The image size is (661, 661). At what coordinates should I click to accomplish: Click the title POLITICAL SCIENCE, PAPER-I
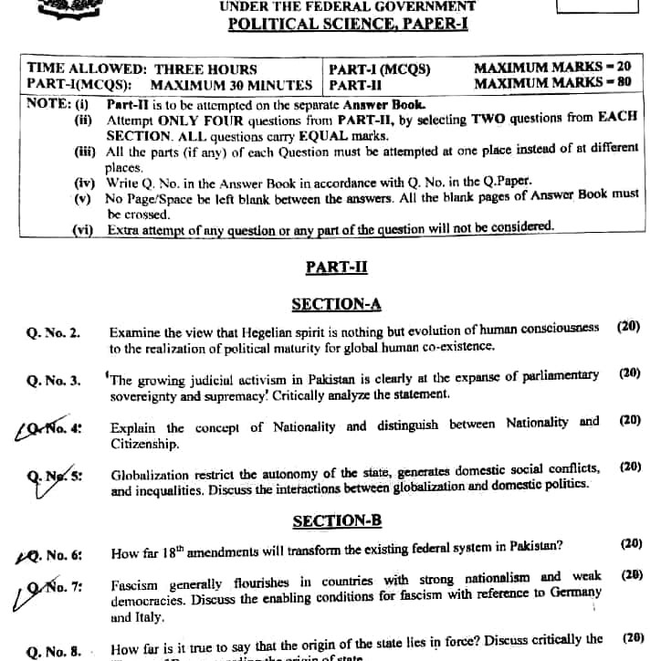pos(348,25)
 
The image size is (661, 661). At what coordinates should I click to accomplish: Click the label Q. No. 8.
pos(54,651)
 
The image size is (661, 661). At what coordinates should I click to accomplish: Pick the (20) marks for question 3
pos(630,373)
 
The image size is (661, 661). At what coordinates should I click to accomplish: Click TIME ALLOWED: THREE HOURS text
pos(142,68)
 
